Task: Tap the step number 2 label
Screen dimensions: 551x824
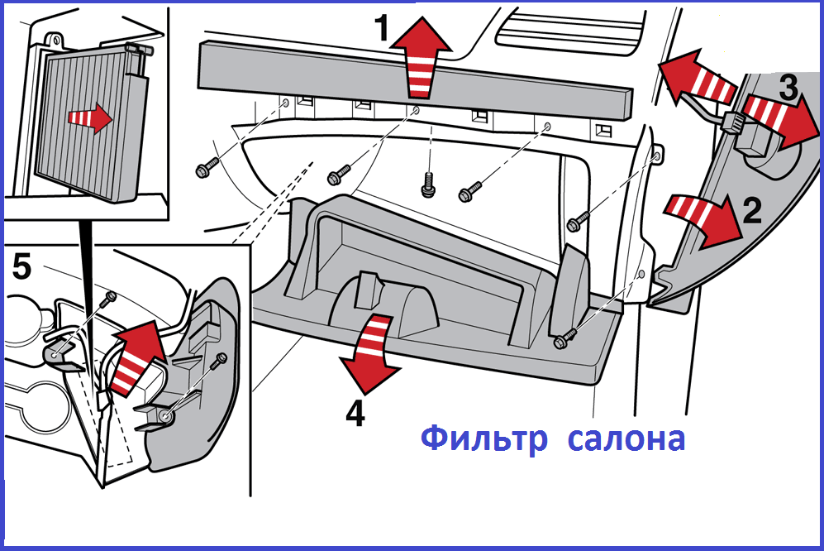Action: (751, 211)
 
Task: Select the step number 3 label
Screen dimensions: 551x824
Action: (788, 85)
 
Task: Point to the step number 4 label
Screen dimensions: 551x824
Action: (354, 414)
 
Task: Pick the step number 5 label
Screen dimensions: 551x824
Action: (21, 266)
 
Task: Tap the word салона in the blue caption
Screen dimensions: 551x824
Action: (626, 439)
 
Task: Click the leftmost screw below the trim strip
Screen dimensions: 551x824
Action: (203, 170)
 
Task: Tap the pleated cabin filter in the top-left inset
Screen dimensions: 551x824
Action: (83, 124)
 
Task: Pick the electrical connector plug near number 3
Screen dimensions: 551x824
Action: (731, 126)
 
